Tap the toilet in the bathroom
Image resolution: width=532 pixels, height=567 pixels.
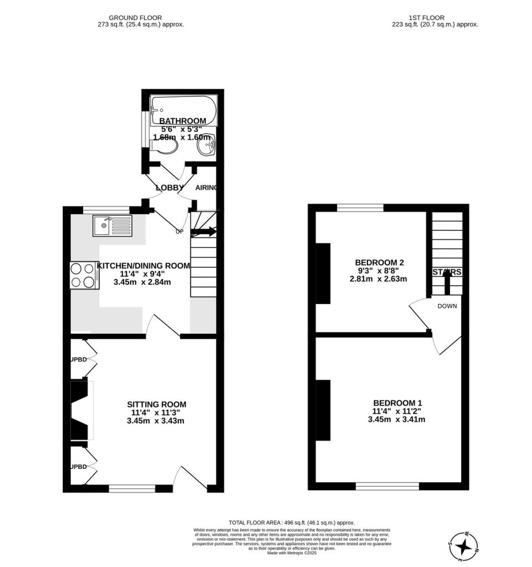click(167, 146)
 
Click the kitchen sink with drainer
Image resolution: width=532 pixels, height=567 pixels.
click(113, 226)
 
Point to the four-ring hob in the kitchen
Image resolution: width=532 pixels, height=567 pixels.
click(84, 275)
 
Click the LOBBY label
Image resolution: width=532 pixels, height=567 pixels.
click(170, 188)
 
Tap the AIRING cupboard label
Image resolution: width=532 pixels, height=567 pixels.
click(206, 188)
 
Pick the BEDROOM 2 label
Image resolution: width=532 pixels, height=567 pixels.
click(378, 262)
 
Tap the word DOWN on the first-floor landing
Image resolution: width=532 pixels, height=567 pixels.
click(447, 306)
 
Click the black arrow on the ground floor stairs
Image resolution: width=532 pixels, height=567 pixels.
click(204, 232)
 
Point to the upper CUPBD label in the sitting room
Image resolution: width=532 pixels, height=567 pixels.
click(79, 360)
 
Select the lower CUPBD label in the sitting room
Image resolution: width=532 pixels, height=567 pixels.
click(79, 467)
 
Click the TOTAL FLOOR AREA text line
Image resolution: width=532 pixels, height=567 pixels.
click(291, 523)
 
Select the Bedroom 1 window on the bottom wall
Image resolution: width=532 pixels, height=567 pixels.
click(387, 486)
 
